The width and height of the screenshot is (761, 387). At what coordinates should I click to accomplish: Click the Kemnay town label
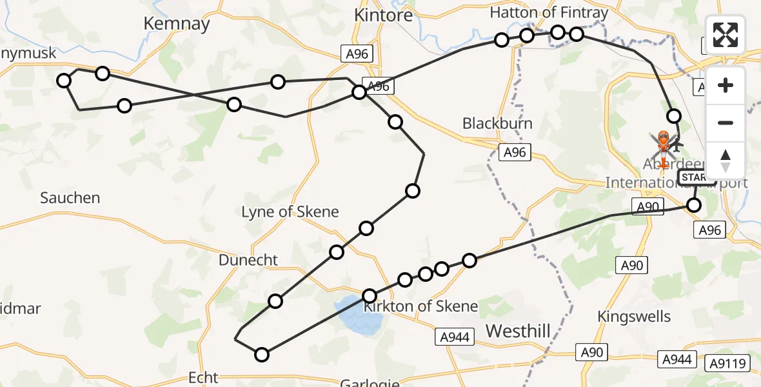pos(177,24)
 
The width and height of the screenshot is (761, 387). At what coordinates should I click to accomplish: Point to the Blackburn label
pos(497,123)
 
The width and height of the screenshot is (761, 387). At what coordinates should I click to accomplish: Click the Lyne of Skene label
pos(290,212)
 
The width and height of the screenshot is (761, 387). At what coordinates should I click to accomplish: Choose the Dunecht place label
pos(248,260)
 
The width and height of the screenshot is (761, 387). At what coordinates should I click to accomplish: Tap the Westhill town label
pos(518,332)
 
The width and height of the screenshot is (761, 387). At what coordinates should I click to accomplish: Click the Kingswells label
pos(634,317)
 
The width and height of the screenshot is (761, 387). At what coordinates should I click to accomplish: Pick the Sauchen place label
pos(70,198)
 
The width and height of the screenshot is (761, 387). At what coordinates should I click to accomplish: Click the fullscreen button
pos(726,35)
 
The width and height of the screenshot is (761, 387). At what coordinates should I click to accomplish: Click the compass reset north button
pos(726,161)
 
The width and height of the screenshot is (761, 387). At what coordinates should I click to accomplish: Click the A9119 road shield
pos(731,363)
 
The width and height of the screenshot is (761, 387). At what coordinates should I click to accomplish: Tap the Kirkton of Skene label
pos(420,306)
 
